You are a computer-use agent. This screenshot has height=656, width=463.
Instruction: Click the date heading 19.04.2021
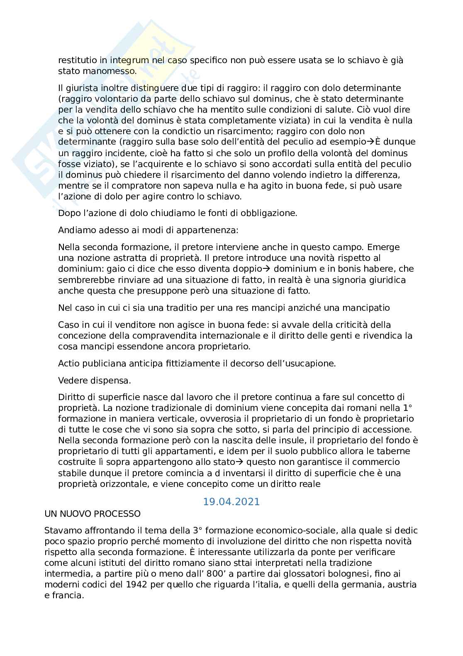coord(231,502)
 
